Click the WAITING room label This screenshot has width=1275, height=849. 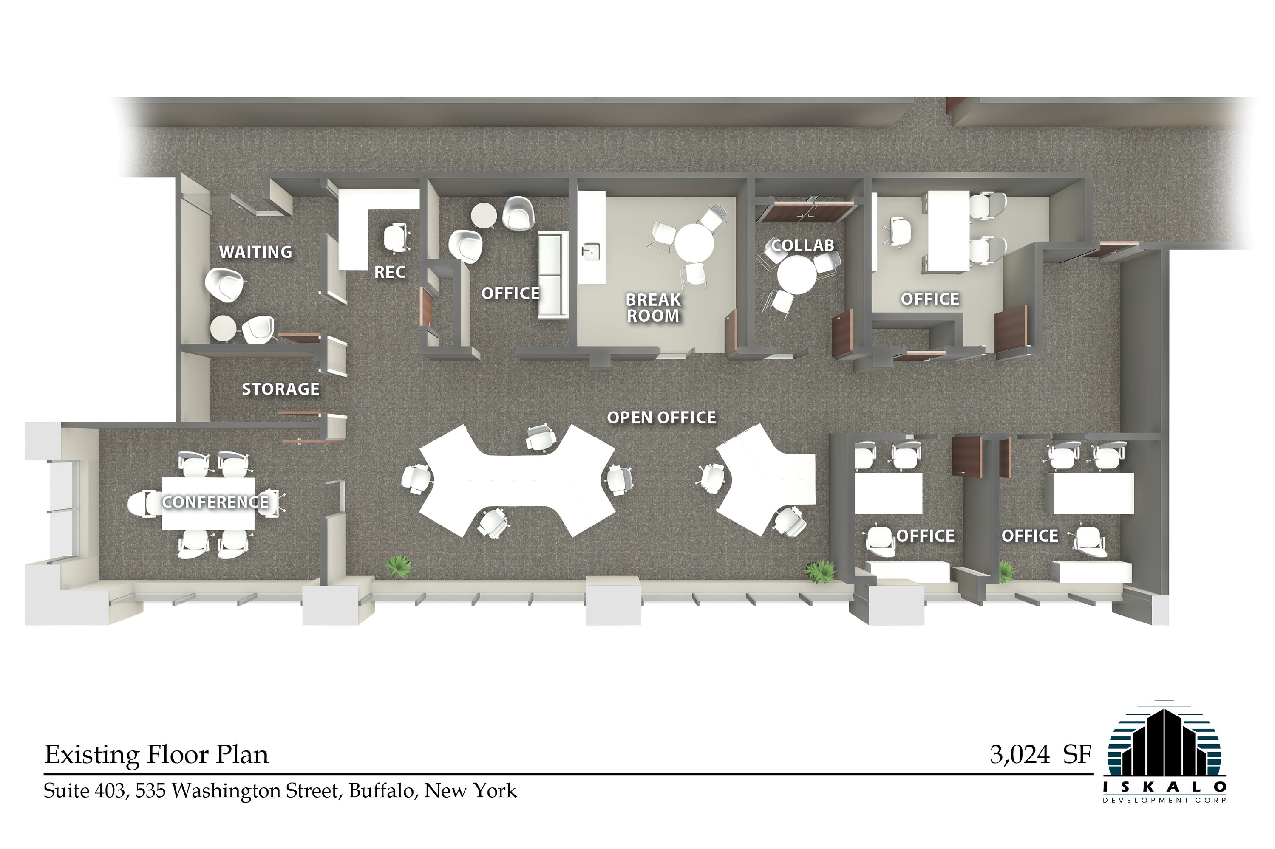tap(256, 252)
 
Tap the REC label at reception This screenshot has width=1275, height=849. tap(390, 272)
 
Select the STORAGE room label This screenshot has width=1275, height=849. tap(280, 389)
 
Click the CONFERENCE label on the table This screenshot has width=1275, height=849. tap(215, 502)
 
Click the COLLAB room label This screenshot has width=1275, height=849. tap(802, 245)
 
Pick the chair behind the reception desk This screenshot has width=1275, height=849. tap(397, 237)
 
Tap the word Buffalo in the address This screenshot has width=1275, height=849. tap(382, 791)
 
